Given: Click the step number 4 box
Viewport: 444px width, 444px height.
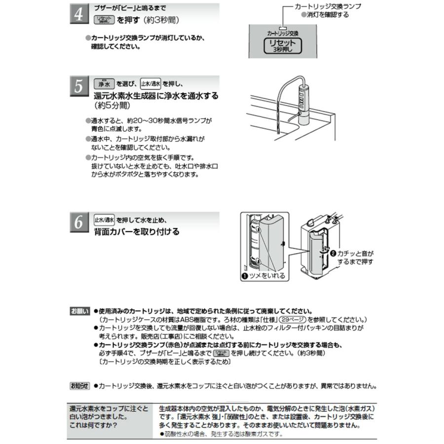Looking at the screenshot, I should point(78,15).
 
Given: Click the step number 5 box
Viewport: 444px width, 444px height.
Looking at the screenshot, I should point(78,87).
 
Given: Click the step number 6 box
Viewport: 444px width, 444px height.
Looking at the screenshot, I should point(78,223).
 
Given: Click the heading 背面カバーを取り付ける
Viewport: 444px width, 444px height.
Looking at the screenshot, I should point(137,231).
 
